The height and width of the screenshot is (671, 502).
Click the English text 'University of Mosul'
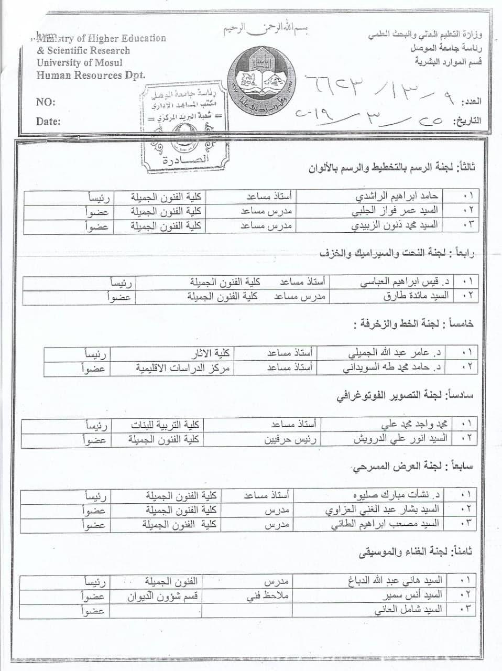click(80, 62)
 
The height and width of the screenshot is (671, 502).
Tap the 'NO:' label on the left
click(46, 102)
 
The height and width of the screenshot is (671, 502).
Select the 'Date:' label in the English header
click(48, 122)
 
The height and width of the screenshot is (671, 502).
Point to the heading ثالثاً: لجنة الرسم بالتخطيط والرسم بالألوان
click(391, 168)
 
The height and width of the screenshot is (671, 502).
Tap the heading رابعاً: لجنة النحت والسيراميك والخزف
click(396, 253)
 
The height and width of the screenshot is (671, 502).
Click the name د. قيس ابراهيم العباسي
click(404, 282)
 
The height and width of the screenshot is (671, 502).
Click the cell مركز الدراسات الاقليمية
click(183, 367)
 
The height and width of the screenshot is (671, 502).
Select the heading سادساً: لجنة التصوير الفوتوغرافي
click(405, 396)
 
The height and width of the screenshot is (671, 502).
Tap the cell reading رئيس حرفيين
click(292, 439)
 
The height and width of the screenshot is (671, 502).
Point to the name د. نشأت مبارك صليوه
click(397, 495)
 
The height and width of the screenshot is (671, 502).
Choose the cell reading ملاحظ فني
click(268, 596)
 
